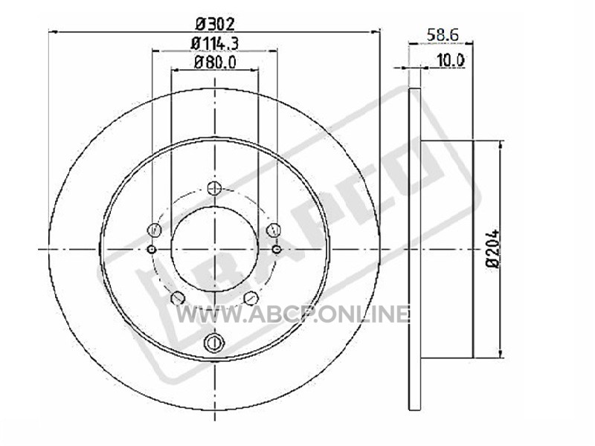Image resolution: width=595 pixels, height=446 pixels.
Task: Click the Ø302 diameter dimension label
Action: point(215,25)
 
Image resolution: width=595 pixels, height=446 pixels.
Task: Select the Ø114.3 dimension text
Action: point(215,43)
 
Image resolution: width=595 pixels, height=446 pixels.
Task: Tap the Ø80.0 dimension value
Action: point(215,62)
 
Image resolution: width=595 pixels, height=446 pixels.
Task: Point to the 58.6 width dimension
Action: point(443,35)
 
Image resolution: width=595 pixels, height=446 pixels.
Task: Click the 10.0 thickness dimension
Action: point(451,60)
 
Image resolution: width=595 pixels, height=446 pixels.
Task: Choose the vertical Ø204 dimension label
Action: point(494,249)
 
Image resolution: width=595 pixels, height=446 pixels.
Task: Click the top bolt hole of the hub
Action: point(215,188)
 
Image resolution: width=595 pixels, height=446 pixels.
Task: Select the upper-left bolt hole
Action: point(154,229)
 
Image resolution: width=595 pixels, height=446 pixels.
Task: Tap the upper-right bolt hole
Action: point(274,230)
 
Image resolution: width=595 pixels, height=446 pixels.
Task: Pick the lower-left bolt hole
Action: point(178,298)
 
